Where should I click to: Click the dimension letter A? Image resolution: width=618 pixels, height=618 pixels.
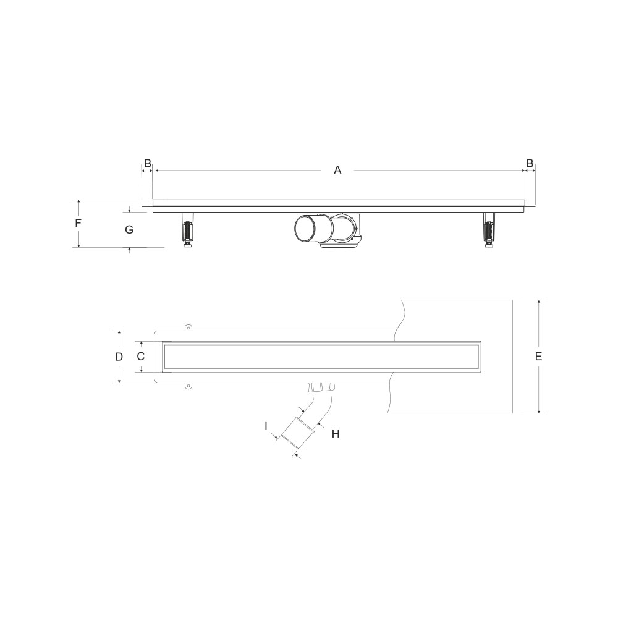337,171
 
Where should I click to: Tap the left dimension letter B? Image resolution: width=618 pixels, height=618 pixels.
148,163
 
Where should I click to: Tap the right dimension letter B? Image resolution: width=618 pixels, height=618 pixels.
530,163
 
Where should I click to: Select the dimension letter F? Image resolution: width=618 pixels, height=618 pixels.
78,224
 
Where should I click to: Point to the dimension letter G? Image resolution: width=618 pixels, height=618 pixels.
129,229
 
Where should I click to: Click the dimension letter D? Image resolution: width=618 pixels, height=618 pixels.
119,357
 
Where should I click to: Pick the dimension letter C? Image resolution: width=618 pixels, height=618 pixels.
141,357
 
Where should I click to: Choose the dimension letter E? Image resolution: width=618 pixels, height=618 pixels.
539,357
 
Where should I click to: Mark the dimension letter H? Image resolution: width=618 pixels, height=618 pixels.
336,434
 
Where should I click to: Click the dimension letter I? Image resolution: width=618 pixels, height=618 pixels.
266,426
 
